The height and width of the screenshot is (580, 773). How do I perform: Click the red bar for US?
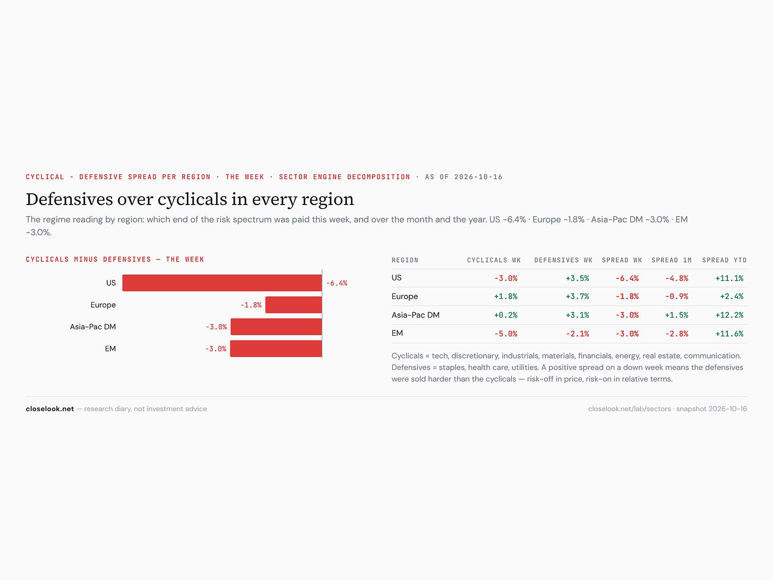point(222,283)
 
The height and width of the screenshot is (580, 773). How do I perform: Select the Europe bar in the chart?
point(294,305)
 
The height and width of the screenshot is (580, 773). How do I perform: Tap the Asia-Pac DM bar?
point(277,327)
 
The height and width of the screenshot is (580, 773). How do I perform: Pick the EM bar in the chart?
point(276,348)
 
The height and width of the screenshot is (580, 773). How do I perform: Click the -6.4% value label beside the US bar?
point(337,283)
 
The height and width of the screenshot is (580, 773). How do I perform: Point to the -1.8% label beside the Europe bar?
point(251,305)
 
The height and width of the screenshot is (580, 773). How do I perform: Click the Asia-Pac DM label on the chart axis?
point(92,327)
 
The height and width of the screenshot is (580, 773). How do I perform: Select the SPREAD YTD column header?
point(724,260)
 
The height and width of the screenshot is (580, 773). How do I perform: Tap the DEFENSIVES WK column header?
point(563,260)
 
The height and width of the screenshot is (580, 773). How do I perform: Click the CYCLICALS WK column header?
point(494,260)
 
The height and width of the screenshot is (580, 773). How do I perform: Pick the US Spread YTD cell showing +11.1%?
point(729,278)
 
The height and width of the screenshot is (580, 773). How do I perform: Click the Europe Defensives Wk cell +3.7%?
point(577,296)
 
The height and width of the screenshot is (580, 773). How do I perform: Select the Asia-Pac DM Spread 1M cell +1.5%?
point(676,315)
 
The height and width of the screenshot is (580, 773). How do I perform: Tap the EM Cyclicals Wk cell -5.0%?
point(506,334)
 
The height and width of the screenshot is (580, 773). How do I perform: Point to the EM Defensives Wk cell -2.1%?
point(577,334)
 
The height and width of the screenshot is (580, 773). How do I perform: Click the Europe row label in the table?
point(405,296)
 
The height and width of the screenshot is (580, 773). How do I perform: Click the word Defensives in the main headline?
point(70,199)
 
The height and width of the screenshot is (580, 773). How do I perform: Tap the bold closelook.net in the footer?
point(50,409)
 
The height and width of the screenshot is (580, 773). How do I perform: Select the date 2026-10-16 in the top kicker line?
point(478,177)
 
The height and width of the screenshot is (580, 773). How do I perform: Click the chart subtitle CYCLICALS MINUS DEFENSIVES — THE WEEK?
point(115,260)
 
